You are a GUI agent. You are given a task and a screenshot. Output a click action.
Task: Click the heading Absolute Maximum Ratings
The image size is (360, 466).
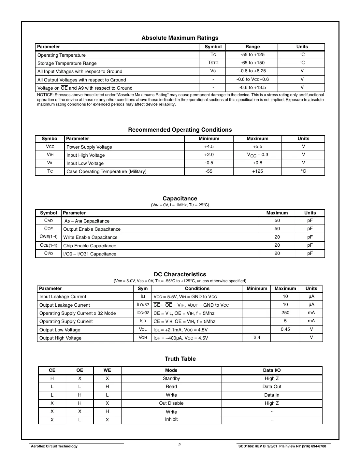(x=180, y=38)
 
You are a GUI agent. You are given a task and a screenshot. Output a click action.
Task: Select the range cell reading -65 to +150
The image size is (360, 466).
(x=252, y=63)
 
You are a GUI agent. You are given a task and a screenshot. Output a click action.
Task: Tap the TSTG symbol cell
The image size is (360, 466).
(x=213, y=63)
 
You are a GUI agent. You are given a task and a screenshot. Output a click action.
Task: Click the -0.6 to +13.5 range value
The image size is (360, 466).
(x=252, y=87)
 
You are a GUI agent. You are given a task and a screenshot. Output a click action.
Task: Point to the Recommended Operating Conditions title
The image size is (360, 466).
(x=180, y=130)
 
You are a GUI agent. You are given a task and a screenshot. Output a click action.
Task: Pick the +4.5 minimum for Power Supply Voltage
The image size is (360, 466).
(x=209, y=147)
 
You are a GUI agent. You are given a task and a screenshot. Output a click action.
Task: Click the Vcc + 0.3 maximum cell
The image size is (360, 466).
(x=257, y=155)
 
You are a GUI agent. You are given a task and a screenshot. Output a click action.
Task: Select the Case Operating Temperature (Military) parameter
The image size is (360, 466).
(x=107, y=171)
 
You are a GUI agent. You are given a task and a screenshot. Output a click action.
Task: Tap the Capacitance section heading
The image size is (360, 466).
(x=180, y=198)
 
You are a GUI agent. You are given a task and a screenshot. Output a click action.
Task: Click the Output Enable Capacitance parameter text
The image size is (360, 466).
(x=92, y=229)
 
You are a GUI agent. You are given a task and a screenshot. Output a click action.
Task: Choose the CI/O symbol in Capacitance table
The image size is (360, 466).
(x=49, y=254)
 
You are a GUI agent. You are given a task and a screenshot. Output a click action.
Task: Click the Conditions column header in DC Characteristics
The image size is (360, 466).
(x=197, y=288)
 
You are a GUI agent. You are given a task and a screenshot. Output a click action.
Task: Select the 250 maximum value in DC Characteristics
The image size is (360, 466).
(x=285, y=313)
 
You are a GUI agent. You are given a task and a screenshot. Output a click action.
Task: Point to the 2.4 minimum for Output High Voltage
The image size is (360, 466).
(x=257, y=337)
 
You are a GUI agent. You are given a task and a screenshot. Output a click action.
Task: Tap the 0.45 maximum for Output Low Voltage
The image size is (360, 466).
(x=285, y=329)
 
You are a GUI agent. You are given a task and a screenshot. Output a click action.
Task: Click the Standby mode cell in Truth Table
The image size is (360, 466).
(x=171, y=378)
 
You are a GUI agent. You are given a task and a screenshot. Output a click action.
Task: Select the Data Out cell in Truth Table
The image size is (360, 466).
(x=272, y=386)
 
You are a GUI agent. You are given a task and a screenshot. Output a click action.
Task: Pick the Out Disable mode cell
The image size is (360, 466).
(x=171, y=403)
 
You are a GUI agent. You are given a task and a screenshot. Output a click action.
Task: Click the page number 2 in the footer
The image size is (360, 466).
(x=180, y=444)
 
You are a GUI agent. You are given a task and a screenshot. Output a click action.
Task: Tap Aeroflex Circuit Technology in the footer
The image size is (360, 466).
(x=54, y=446)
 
